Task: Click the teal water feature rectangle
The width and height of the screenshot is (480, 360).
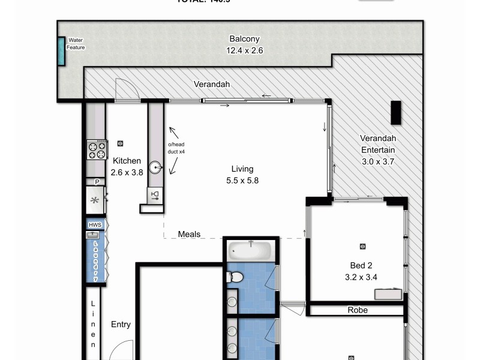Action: (x=61, y=52)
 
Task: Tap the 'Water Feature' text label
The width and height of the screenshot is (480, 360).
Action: (x=76, y=44)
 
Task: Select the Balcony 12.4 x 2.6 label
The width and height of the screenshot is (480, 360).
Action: (x=244, y=45)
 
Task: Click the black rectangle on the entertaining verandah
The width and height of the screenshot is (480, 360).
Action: (x=396, y=112)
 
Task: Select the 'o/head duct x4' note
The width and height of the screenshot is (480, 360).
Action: (x=177, y=149)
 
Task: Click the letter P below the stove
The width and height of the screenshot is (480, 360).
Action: (x=95, y=182)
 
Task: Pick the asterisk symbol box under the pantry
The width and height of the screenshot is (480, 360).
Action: (x=95, y=200)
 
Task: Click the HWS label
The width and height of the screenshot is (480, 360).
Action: (x=95, y=225)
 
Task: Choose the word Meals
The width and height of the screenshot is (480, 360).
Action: (x=189, y=234)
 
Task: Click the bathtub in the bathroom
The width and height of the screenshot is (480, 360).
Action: (x=250, y=248)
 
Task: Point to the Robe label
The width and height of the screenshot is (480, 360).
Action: (x=358, y=310)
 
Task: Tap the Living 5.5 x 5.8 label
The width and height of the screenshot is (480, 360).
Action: (x=242, y=175)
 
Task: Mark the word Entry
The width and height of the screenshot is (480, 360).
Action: (x=121, y=325)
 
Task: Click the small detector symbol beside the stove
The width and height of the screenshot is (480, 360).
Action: (x=121, y=143)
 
